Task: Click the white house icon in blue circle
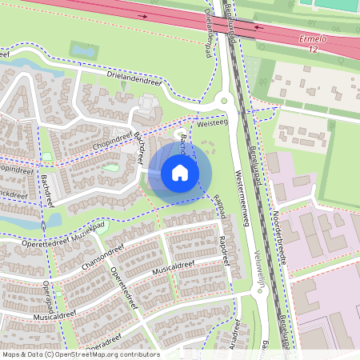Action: (180, 173)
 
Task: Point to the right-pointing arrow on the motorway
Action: (144, 15)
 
